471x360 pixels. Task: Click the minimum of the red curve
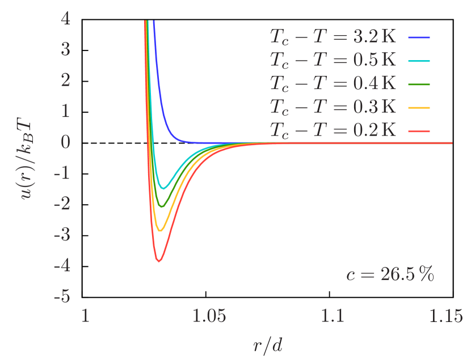point(159,261)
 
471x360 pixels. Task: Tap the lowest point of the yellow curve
point(161,231)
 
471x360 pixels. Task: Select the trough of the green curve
point(162,207)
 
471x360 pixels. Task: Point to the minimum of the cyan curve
point(163,188)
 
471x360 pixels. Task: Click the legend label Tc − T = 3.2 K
point(333,38)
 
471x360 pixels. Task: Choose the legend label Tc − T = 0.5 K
point(333,61)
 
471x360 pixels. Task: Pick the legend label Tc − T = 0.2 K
point(333,130)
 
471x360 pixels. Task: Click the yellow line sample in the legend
point(419,107)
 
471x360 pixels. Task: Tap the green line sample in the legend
point(419,84)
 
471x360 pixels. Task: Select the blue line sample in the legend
point(419,38)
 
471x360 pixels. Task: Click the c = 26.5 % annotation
point(390,275)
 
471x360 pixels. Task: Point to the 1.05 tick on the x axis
point(209,316)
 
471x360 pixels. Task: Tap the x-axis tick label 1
point(86,316)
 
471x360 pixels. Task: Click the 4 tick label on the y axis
point(66,19)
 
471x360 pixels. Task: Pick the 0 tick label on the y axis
point(66,142)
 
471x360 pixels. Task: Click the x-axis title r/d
point(268,344)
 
